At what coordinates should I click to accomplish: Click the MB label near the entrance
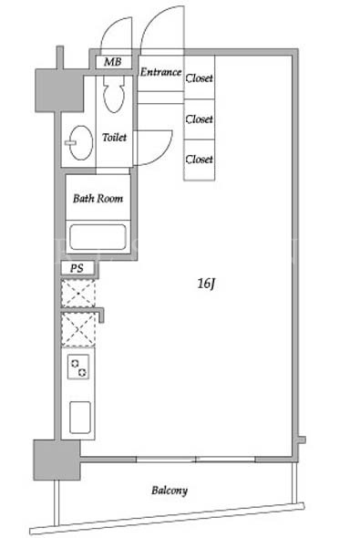click(x=113, y=62)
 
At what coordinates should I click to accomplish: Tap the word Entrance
click(x=160, y=72)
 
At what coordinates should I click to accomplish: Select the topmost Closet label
click(x=200, y=78)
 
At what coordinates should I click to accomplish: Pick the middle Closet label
click(x=200, y=119)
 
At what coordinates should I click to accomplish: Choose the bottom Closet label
click(x=200, y=159)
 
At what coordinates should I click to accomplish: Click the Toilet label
click(x=115, y=138)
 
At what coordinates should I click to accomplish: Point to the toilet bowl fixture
click(x=114, y=93)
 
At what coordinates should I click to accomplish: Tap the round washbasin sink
click(x=81, y=143)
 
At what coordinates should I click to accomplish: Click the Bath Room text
click(x=98, y=198)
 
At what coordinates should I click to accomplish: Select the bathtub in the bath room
click(x=98, y=237)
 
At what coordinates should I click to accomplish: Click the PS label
click(x=77, y=268)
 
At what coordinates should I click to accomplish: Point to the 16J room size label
click(x=206, y=284)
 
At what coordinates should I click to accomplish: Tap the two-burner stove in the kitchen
click(x=78, y=367)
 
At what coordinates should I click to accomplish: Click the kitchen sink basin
click(x=80, y=418)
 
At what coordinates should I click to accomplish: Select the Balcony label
click(x=170, y=491)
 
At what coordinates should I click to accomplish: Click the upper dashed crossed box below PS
click(x=78, y=294)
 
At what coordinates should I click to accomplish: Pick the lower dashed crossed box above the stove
click(x=78, y=330)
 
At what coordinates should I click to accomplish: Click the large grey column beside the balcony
click(x=57, y=460)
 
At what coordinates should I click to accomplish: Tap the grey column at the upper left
click(x=59, y=90)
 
